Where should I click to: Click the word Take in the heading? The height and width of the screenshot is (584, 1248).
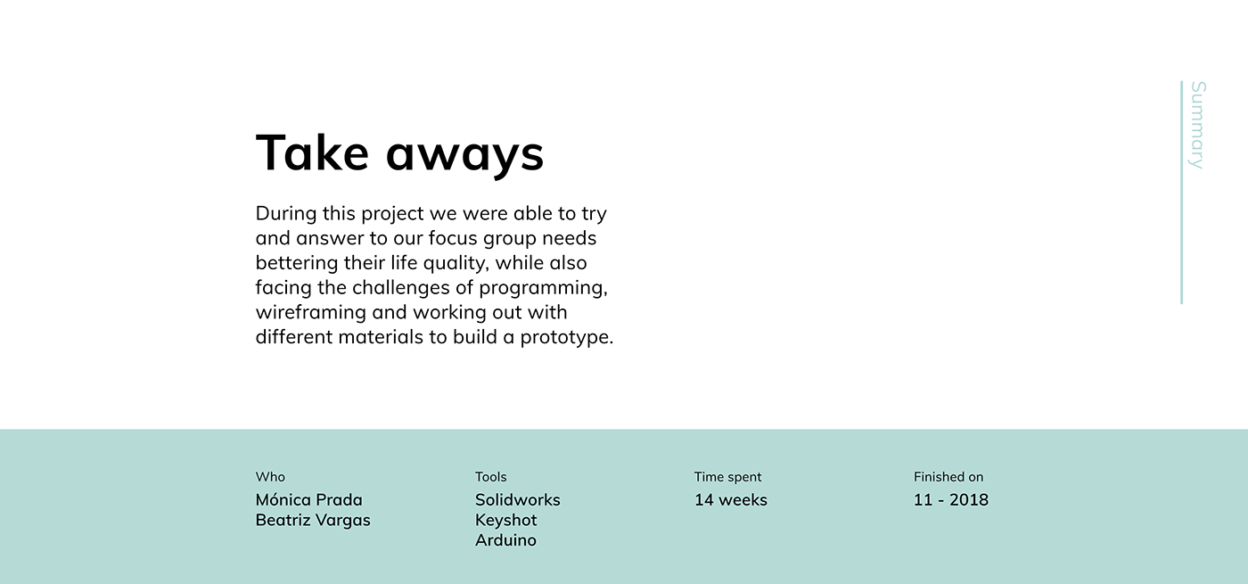pos(312,152)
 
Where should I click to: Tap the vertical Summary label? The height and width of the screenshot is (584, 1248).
pos(1197,125)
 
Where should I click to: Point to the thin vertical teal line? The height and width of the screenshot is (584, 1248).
pos(1181,193)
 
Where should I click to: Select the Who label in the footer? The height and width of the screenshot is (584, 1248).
pos(270,477)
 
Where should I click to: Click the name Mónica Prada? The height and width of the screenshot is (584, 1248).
pos(309,499)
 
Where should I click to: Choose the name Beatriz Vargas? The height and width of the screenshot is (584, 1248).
pos(313,520)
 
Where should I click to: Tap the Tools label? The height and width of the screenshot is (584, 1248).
pos(491,477)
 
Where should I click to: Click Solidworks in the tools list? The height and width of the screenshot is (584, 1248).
pos(518,500)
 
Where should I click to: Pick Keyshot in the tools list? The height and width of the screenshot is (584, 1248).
pos(506,521)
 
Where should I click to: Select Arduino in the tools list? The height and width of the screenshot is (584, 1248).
pos(506,540)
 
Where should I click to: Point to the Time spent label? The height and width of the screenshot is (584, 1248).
pos(727,478)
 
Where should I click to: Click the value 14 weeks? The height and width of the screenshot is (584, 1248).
pos(731,500)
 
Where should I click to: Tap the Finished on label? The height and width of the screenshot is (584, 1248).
pos(948,477)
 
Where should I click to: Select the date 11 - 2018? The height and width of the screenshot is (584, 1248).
pos(951,500)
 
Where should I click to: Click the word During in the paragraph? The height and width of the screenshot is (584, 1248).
pos(286,213)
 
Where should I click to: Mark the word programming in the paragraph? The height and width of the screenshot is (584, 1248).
pos(543,288)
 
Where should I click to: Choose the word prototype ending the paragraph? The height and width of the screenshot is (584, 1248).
pos(567,338)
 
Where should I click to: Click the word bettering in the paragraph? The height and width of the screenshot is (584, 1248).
pos(297,263)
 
